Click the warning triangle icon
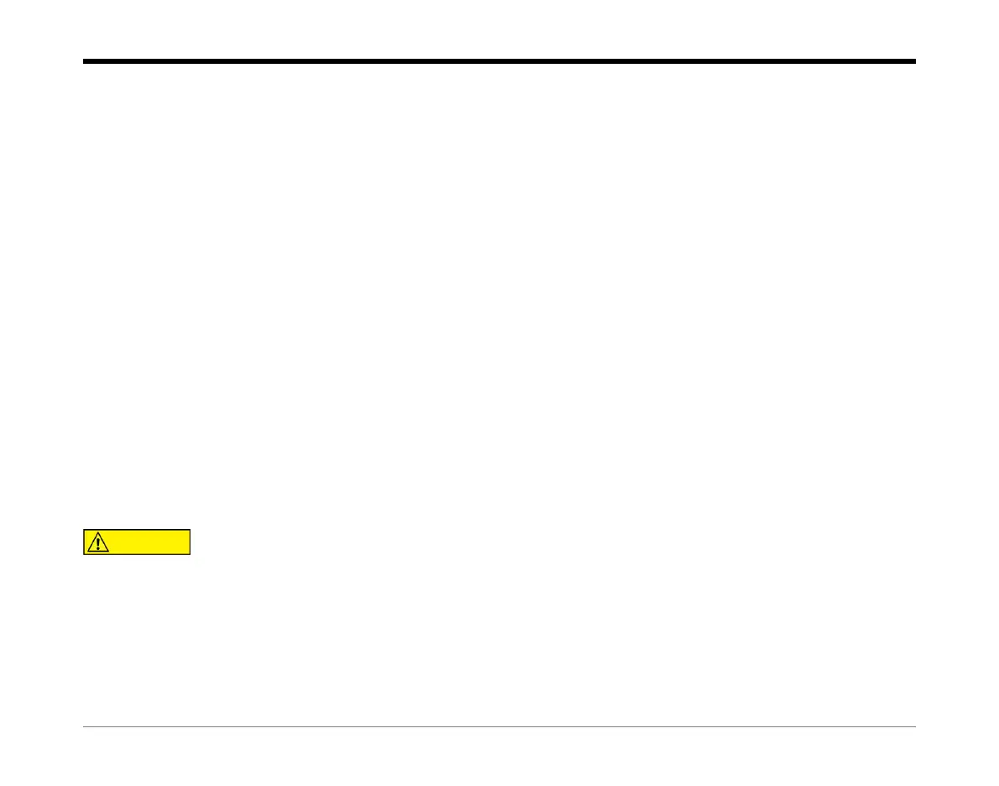click(99, 542)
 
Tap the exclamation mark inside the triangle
click(99, 542)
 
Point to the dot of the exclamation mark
click(99, 549)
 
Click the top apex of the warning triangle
click(99, 533)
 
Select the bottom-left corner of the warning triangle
click(88, 552)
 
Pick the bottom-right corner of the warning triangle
click(110, 552)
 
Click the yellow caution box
click(137, 542)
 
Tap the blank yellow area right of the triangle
click(151, 542)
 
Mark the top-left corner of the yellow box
click(84, 530)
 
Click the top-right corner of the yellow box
click(191, 530)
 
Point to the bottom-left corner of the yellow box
click(84, 554)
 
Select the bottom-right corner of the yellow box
click(191, 554)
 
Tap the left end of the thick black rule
click(85, 61)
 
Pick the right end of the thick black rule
click(914, 61)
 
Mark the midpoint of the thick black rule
click(499, 61)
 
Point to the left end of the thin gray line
click(85, 727)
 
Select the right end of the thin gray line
click(914, 727)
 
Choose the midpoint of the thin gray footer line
click(499, 727)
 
